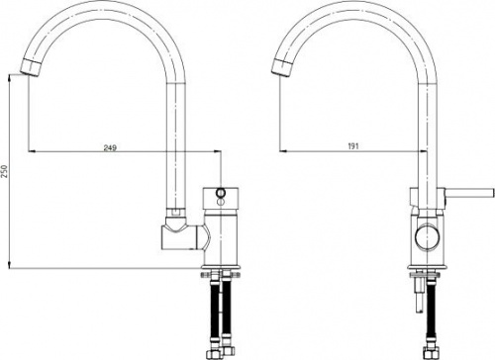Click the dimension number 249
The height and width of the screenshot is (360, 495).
pyautogui.click(x=110, y=147)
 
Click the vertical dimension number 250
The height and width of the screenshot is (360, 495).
pyautogui.click(x=5, y=171)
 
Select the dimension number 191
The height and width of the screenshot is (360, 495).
pyautogui.click(x=353, y=146)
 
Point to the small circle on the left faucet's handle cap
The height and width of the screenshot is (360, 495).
pyautogui.click(x=221, y=192)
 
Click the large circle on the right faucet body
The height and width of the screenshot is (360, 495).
pyautogui.click(x=427, y=236)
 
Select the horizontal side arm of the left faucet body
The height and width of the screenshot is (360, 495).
pyautogui.click(x=182, y=236)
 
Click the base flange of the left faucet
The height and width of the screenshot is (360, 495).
pyautogui.click(x=220, y=267)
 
